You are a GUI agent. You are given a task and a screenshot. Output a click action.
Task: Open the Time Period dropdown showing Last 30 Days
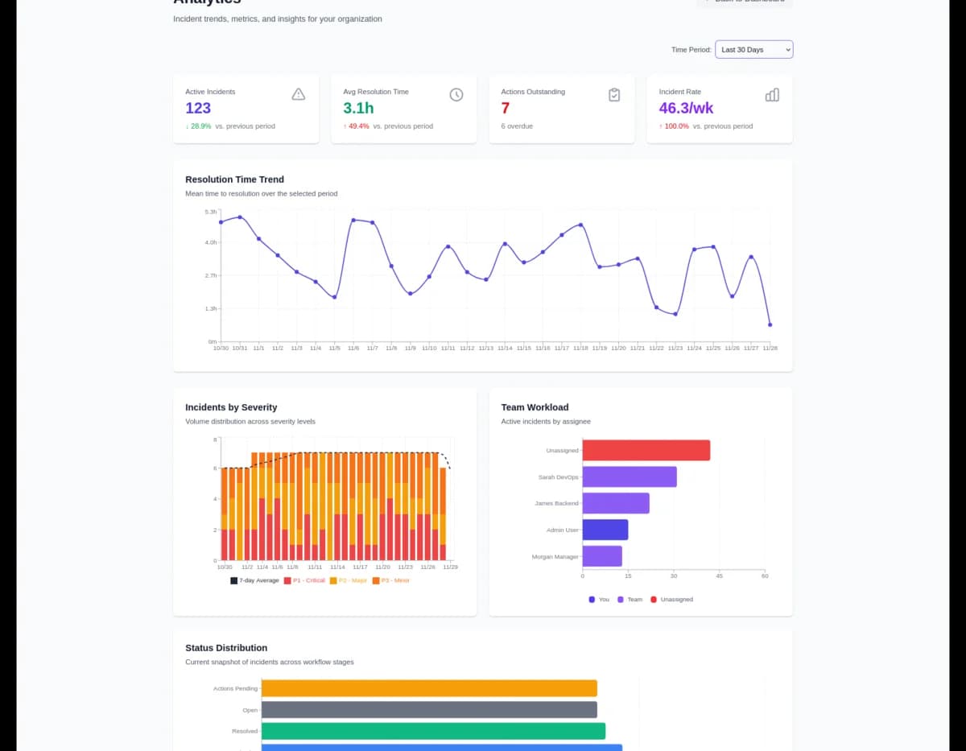point(753,50)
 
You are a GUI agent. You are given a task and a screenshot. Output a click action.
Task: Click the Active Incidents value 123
point(198,108)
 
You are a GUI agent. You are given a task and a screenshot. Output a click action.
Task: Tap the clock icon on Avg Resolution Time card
point(456,95)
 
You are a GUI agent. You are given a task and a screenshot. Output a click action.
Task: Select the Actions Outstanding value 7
point(506,108)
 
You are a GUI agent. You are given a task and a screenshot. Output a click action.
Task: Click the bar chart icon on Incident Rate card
point(772,95)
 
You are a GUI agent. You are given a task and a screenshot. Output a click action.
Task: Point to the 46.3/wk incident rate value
point(686,108)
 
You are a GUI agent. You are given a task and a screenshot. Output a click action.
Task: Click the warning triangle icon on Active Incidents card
point(298,95)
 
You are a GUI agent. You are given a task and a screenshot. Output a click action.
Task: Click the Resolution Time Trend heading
point(234,179)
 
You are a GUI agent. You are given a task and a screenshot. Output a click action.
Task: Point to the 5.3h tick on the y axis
point(211,212)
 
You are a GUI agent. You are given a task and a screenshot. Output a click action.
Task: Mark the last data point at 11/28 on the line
point(770,325)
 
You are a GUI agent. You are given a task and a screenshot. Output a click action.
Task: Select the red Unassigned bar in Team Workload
point(646,450)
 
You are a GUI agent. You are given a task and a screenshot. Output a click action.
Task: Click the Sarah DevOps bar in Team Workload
point(629,477)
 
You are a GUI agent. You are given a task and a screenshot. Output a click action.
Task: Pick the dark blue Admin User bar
point(605,530)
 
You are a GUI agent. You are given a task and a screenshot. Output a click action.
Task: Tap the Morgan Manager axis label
point(555,557)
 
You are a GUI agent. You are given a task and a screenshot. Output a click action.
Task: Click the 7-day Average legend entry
point(255,580)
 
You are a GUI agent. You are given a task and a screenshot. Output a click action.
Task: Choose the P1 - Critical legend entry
point(304,580)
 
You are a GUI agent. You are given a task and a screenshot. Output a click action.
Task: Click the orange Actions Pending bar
point(429,688)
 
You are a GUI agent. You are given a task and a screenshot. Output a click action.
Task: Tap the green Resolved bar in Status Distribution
point(433,731)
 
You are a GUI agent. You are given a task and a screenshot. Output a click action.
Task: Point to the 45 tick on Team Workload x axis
point(720,576)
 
